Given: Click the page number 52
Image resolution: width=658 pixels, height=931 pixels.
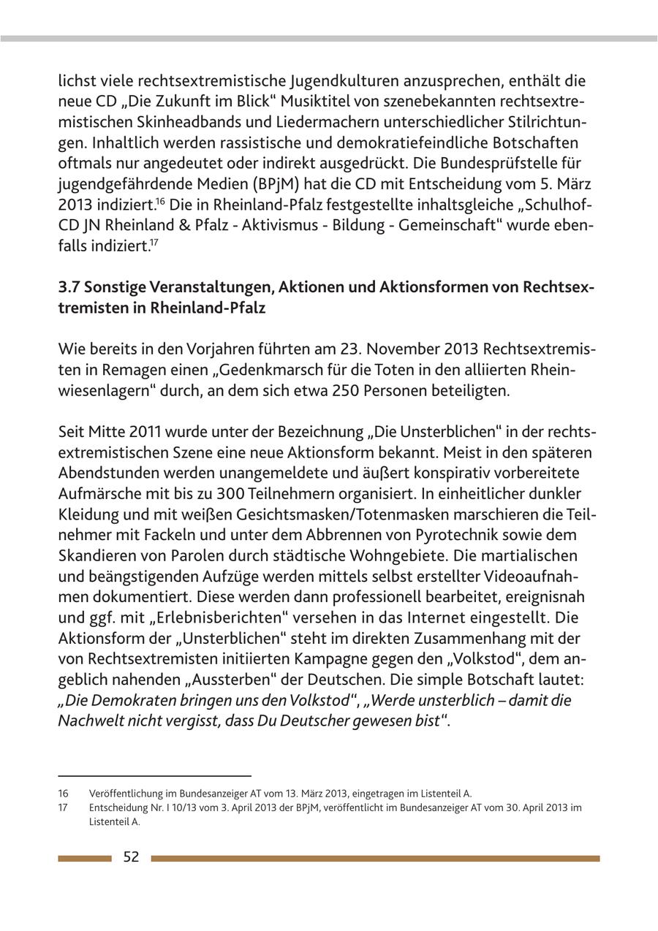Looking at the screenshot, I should click(x=131, y=857).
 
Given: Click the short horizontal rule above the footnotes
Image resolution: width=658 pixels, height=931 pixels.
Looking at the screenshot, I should click(x=154, y=775).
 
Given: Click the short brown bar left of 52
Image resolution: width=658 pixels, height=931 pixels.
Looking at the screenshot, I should click(x=85, y=859).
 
